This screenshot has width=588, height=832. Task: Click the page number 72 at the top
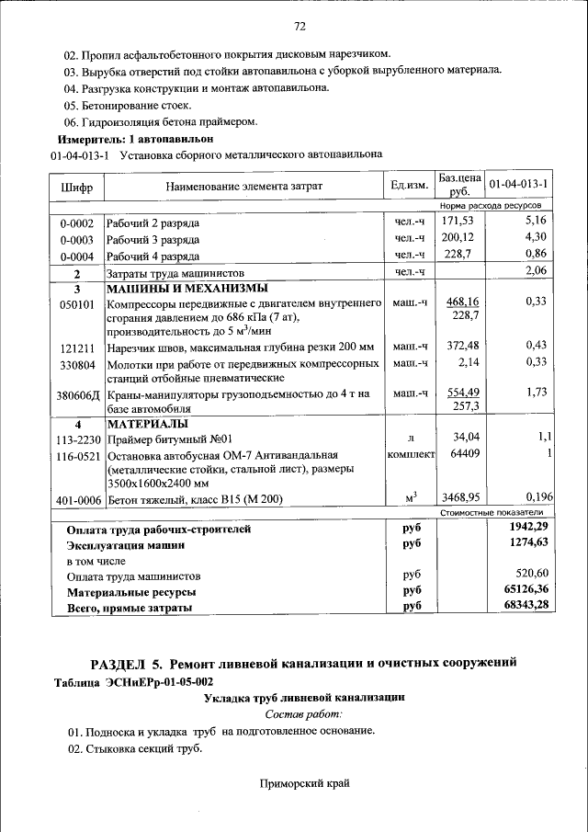click(x=299, y=25)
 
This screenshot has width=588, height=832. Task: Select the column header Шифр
click(x=76, y=187)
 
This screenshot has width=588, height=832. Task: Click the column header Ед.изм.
click(x=409, y=186)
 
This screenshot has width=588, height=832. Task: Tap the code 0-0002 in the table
click(x=76, y=223)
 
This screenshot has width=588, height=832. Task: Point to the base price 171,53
click(x=456, y=222)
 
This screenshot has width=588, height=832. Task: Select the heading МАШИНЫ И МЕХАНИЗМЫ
click(x=174, y=289)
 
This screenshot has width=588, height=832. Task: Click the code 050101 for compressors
click(x=76, y=304)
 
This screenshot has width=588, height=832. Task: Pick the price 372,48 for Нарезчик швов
click(x=456, y=346)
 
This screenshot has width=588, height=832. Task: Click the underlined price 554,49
click(x=462, y=392)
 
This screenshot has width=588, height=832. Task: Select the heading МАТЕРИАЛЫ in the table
click(x=147, y=425)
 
